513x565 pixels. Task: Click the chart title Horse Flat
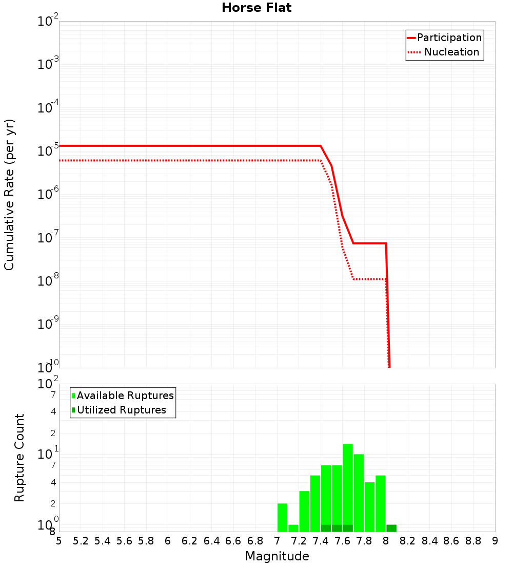256,8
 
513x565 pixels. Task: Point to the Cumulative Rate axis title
9,195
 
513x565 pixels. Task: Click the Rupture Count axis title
19,458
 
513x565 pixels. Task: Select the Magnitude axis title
277,556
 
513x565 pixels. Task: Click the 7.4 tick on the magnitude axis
321,541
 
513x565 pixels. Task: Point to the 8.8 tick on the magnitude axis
473,541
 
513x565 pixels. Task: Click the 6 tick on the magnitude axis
168,541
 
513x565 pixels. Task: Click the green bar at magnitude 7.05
282,518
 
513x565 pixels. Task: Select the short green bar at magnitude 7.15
293,528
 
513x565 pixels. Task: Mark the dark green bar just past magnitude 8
391,528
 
